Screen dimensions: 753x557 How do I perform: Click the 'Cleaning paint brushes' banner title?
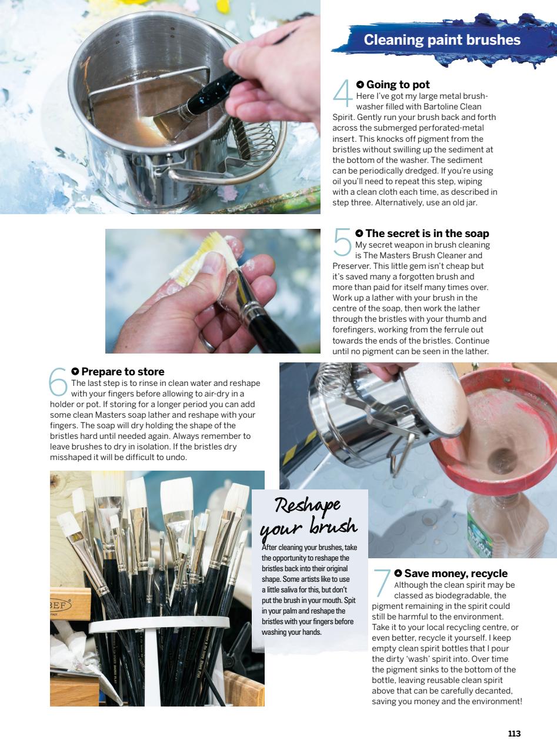coord(442,40)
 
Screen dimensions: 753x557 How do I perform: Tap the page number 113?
coord(514,734)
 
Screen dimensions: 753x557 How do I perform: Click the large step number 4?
coord(342,94)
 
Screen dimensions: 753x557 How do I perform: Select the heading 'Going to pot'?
coord(398,85)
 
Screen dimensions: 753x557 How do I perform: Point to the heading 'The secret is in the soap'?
coord(427,234)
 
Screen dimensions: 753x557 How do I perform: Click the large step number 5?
coord(342,243)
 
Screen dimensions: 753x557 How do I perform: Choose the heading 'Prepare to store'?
coord(122,371)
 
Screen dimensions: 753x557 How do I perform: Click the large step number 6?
coord(58,381)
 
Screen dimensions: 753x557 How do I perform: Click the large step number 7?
coord(382,583)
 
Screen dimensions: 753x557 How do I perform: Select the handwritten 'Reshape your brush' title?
coord(308,515)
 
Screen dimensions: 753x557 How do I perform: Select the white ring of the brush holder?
coord(159,622)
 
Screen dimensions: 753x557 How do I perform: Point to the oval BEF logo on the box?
coord(61,606)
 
